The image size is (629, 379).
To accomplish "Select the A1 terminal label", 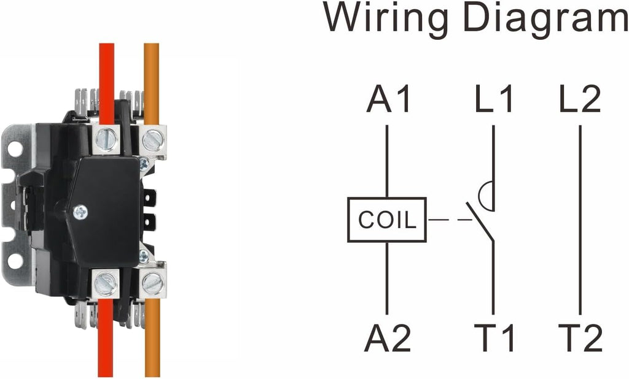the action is tap(389, 99).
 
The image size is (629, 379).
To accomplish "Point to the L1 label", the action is tap(493, 99).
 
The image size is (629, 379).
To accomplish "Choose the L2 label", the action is tap(580, 99).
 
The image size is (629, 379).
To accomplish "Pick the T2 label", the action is tap(580, 339).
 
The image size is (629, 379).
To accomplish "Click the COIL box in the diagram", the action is tap(387, 220).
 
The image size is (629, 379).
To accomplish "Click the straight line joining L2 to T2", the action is tap(580, 220).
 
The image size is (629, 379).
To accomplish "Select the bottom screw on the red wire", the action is tap(106, 284).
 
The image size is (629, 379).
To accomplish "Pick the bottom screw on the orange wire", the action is tap(152, 283).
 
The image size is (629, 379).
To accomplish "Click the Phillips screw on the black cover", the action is tap(80, 212).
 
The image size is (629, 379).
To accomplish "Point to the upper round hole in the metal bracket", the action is tap(15, 148).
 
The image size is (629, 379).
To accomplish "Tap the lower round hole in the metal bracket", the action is tap(15, 261).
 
